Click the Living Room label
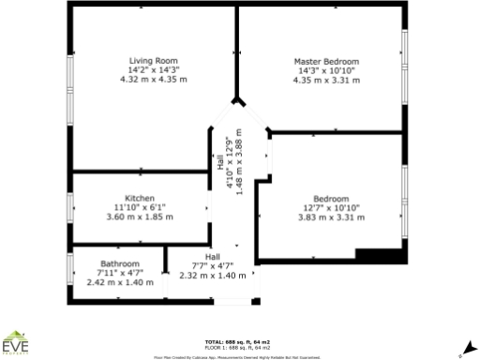pos(154,60)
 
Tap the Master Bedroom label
pos(327,61)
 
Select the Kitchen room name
pos(140,198)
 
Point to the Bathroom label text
pos(120,263)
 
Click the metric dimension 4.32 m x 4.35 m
pos(154,80)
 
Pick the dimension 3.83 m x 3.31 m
pos(331,217)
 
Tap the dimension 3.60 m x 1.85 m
pos(140,217)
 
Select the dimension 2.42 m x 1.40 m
pos(120,282)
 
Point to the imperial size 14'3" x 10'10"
pos(327,70)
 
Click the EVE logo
pos(16,345)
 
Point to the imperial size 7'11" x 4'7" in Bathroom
pos(120,273)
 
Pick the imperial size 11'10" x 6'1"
pos(140,207)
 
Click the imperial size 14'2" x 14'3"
pos(154,70)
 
